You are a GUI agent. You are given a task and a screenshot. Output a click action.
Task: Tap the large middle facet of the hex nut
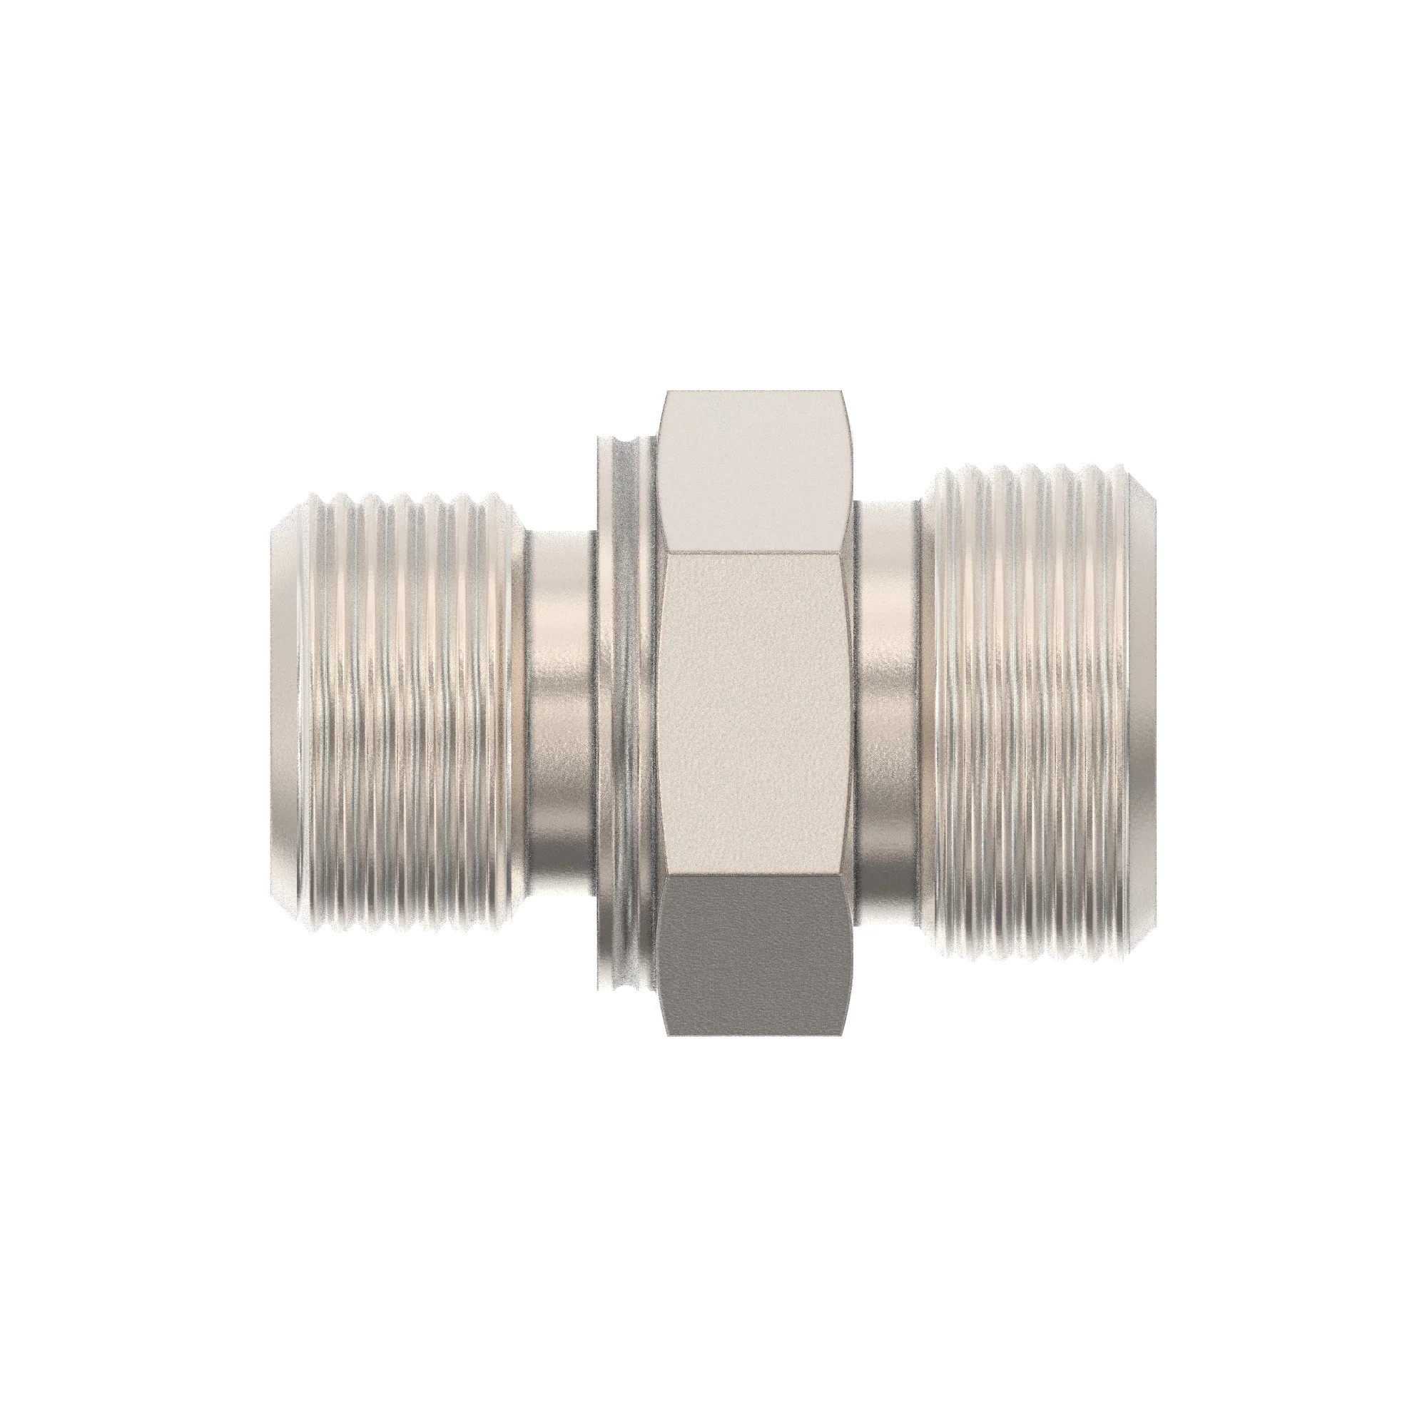[757, 713]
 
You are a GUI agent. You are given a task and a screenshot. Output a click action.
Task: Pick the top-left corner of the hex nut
[667, 392]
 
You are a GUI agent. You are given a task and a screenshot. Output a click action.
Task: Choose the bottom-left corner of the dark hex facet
[668, 1034]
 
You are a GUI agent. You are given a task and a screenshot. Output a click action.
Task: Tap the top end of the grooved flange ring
[625, 441]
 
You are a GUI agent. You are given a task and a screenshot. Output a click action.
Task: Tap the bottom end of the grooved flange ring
[625, 987]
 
